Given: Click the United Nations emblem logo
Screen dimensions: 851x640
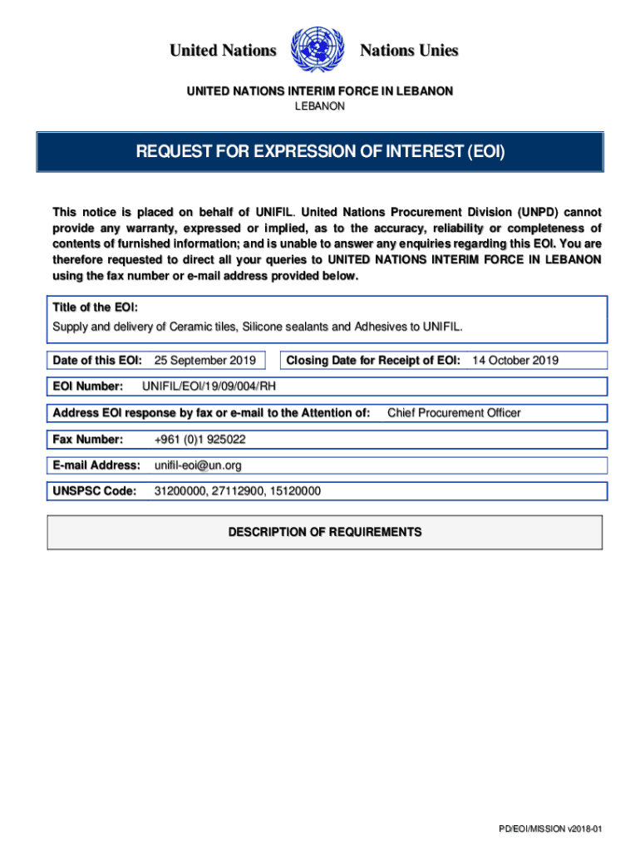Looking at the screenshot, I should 318,51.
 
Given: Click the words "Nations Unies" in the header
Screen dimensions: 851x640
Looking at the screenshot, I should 408,51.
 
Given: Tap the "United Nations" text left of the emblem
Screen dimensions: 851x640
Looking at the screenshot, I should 223,51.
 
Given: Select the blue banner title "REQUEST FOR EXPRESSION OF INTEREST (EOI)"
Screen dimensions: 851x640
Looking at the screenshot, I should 320,152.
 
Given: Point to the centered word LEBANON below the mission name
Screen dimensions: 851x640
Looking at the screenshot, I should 320,106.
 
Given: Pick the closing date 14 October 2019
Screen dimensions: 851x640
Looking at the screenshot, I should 515,361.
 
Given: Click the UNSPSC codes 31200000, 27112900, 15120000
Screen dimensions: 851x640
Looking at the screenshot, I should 237,492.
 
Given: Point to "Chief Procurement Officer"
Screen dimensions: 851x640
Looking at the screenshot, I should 454,413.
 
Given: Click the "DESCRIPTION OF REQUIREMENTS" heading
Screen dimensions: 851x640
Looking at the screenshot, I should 325,532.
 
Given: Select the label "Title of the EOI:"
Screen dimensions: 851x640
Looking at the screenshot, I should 90,307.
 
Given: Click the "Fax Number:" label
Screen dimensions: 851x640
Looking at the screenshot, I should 88,439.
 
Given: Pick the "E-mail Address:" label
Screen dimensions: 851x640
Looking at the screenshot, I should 96,465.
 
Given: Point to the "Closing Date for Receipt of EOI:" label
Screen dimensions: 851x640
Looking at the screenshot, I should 373,361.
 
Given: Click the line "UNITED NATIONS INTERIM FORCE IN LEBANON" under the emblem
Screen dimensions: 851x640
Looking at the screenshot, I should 320,91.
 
